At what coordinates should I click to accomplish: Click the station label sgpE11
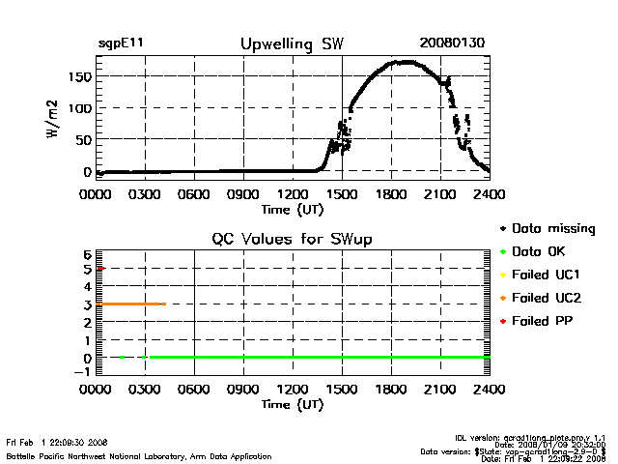121,43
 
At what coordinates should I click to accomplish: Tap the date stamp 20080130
451,43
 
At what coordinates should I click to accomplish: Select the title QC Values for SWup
292,239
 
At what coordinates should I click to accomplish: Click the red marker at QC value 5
100,268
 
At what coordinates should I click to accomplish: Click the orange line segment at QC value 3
130,304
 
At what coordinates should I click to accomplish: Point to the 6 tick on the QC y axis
86,253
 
